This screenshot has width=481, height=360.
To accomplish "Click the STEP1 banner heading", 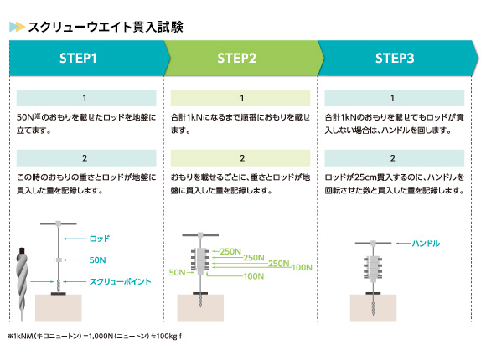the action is [78, 59].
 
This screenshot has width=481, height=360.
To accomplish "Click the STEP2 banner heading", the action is [236, 59].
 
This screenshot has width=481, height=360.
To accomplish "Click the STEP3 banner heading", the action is [395, 59].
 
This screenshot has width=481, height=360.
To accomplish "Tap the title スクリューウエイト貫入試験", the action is [106, 27].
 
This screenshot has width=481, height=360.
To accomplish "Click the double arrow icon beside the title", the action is [17, 27].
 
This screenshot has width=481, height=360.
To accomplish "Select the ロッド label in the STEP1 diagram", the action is [100, 239].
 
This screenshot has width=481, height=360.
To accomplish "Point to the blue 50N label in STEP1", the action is [97, 260].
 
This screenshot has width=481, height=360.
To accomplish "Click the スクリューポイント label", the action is [121, 281].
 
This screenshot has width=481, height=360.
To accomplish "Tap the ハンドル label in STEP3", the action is [426, 244].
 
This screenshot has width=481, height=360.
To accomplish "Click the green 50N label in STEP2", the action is [177, 272].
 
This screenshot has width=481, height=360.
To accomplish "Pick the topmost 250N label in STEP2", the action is [230, 251].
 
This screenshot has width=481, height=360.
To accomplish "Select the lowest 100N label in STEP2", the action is [254, 276].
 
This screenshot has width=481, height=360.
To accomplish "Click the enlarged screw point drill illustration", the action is [22, 284].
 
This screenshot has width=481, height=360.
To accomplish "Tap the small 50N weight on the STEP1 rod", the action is [59, 260].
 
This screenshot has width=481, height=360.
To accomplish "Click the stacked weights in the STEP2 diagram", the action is [200, 260].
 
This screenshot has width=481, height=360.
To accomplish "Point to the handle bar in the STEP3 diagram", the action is [373, 244].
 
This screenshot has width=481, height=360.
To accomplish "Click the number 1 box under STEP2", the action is [240, 98].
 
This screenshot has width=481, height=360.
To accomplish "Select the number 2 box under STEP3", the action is [394, 158].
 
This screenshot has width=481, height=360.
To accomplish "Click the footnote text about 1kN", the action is [95, 336].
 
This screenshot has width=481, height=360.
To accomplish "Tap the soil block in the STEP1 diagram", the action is [59, 308].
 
